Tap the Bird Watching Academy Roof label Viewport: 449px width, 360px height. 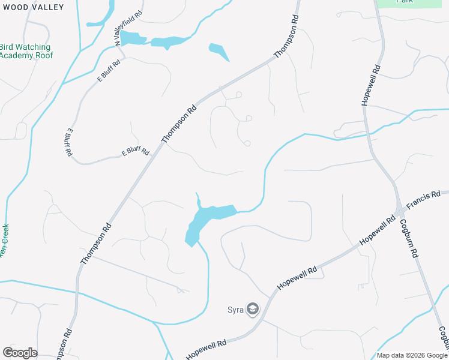click(x=26, y=51)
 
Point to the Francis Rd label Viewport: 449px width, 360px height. click(x=423, y=200)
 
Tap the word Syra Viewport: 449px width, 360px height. click(x=235, y=310)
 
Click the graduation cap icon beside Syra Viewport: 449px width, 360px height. click(x=253, y=310)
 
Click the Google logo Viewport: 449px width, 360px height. click(x=20, y=353)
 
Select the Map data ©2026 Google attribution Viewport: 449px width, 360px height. click(x=411, y=355)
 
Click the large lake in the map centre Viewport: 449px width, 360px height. click(x=207, y=219)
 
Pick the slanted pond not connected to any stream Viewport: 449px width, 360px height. click(x=219, y=52)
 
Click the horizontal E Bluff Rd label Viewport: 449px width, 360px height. click(x=135, y=152)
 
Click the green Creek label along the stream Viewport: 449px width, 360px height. click(x=5, y=240)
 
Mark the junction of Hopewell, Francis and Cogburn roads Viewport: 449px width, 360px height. click(x=399, y=211)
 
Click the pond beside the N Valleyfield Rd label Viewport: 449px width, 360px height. click(x=131, y=38)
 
